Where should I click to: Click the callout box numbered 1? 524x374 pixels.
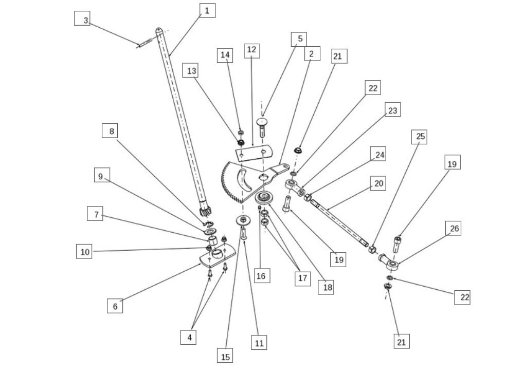(x=207, y=10)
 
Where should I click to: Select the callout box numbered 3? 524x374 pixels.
(x=85, y=20)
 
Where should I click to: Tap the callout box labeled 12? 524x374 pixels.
(x=251, y=50)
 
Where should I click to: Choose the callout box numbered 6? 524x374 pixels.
(x=115, y=306)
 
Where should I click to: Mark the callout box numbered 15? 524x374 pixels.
(x=225, y=356)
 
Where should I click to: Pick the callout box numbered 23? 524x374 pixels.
(x=392, y=110)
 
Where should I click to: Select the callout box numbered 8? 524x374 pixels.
(x=110, y=131)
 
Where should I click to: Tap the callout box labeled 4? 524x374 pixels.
(x=189, y=337)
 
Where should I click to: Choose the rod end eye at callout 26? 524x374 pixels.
(x=391, y=265)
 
